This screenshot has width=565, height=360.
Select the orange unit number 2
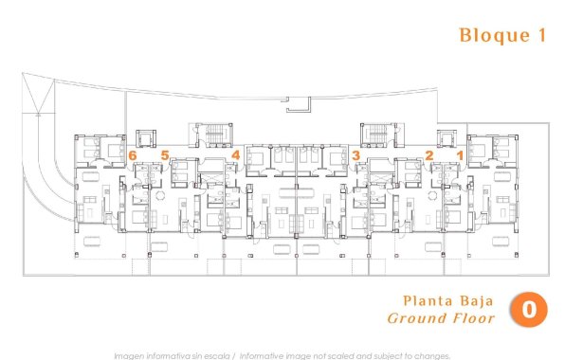[428, 154]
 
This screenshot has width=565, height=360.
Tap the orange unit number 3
[355, 154]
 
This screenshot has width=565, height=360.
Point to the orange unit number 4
[235, 154]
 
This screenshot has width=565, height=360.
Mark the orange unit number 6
[133, 154]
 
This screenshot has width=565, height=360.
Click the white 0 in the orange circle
[530, 309]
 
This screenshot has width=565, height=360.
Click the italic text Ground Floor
[442, 318]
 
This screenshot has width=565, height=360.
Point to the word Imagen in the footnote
[130, 355]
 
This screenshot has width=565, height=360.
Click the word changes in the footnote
[428, 355]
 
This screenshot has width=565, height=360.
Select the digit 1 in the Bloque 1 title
[544, 36]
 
